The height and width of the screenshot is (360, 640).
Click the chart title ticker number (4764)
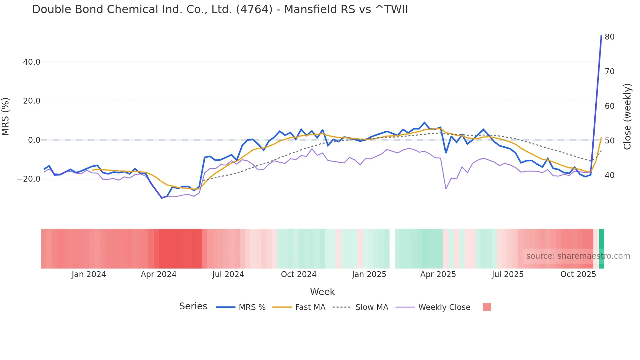pyautogui.click(x=254, y=9)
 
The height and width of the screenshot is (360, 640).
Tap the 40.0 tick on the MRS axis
pyautogui.click(x=32, y=62)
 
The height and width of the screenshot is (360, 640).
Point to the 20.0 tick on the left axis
pyautogui.click(x=32, y=101)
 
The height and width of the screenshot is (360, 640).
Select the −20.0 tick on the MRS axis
pyautogui.click(x=29, y=179)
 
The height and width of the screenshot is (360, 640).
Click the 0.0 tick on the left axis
pyautogui.click(x=34, y=140)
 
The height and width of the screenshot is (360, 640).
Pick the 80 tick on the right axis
pyautogui.click(x=609, y=37)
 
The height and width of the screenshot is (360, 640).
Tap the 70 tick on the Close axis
pyautogui.click(x=609, y=72)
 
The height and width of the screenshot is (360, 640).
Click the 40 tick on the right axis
pyautogui.click(x=609, y=175)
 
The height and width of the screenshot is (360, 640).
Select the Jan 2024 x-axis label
pyautogui.click(x=89, y=274)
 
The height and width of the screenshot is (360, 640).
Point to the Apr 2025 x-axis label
pyautogui.click(x=438, y=274)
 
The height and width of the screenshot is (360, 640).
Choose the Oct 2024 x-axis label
pyautogui.click(x=298, y=274)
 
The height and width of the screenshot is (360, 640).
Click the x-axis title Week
pyautogui.click(x=322, y=292)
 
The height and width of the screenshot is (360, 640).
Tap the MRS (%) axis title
pyautogui.click(x=6, y=117)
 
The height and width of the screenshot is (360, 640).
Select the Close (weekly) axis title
pyautogui.click(x=627, y=117)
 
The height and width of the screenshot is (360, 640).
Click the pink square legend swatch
pyautogui.click(x=487, y=307)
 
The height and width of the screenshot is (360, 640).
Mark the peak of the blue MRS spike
pyautogui.click(x=601, y=36)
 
